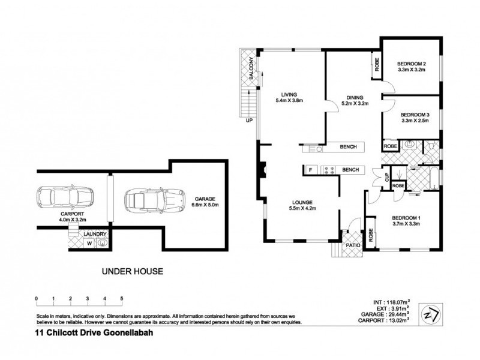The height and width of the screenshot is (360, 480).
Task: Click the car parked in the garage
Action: (154, 200)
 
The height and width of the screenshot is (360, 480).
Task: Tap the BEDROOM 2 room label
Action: (412, 64)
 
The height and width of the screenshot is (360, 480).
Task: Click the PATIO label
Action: (352, 245)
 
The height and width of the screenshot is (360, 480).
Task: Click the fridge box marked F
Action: (310, 170)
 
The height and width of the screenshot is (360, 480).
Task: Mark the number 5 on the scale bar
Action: (122, 298)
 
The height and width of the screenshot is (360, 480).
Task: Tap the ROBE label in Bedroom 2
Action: (377, 62)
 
